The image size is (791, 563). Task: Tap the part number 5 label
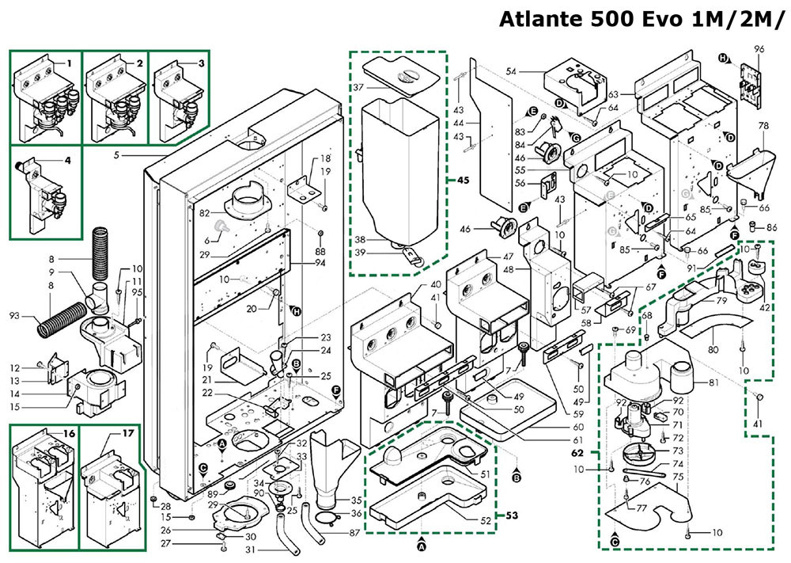[115, 154]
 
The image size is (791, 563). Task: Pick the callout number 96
[759, 49]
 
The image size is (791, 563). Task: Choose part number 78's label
[763, 127]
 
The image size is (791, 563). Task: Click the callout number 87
[354, 533]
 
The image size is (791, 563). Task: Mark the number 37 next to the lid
[358, 86]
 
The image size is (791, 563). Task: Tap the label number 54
[511, 72]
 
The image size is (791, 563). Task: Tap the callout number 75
[678, 477]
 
